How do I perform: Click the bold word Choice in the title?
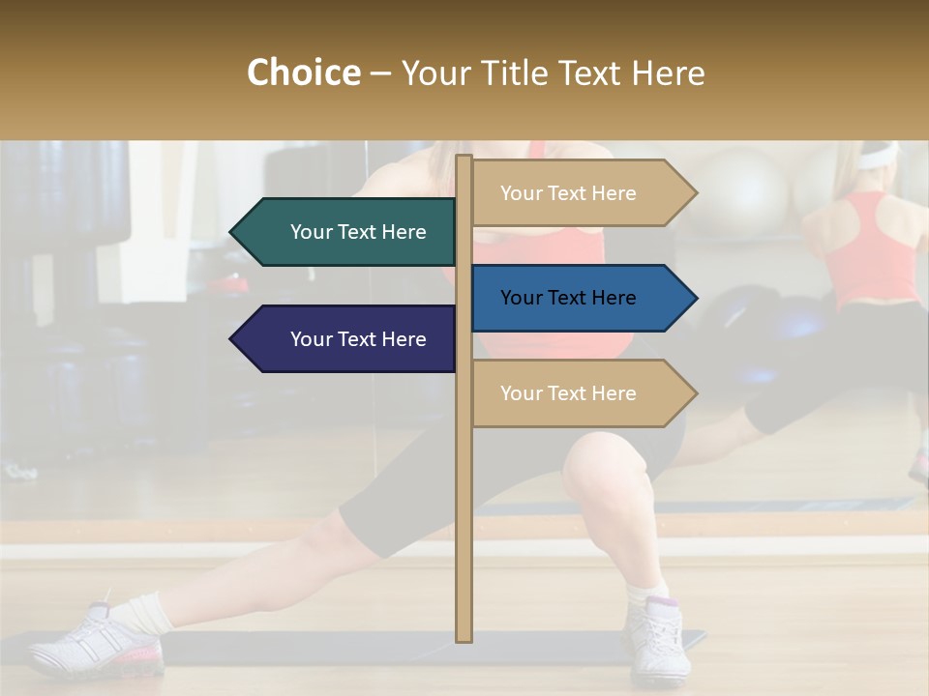[x=303, y=73]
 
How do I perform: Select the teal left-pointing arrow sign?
[x=348, y=232]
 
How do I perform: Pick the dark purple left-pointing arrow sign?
[x=348, y=339]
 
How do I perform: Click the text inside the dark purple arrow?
[x=358, y=339]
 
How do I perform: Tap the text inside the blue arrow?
[x=568, y=298]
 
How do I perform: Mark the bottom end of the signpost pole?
[x=464, y=637]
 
